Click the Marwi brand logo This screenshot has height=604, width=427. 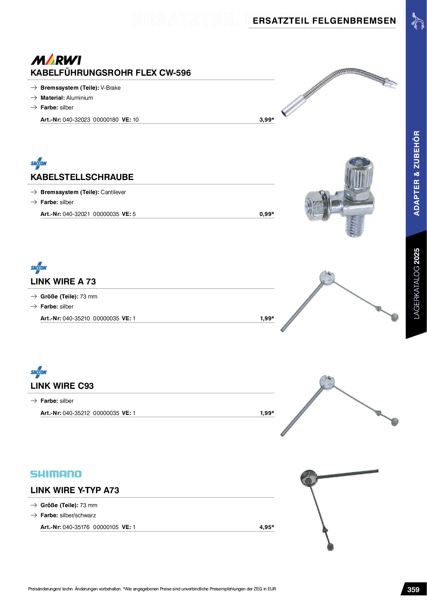pos(56,59)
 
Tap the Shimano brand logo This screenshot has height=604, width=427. pos(56,474)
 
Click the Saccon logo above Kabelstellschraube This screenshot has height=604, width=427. pos(39,163)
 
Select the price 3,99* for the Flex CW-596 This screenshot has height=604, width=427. pos(267,119)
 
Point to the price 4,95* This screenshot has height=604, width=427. pos(267,527)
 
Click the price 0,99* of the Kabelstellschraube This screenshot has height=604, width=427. pos(267,214)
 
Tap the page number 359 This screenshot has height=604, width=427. pos(413,590)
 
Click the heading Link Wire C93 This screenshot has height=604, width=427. pos(62,386)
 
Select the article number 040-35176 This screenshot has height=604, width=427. pos(76,527)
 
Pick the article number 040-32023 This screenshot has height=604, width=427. pos(76,120)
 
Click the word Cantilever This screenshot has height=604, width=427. pos(113,192)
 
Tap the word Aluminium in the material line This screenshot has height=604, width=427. pos(80,98)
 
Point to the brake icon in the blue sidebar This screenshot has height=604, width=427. pos(417,21)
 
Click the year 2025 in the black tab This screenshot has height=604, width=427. pos(417,256)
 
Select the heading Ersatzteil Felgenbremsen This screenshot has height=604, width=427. pos(324,21)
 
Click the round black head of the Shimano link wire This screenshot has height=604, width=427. pos(309,477)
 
